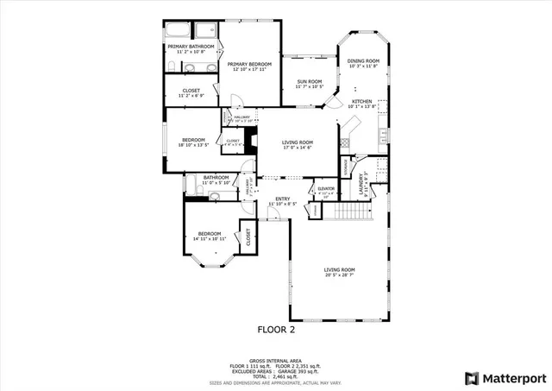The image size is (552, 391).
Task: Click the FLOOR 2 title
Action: click(277, 329)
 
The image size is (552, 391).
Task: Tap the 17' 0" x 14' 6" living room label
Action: click(298, 148)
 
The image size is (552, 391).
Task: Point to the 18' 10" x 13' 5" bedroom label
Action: click(193, 145)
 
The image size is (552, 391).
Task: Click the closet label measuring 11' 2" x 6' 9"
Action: click(191, 92)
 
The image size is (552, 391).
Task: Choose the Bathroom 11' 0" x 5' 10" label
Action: click(216, 180)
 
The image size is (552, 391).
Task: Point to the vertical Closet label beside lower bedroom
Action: click(248, 237)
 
